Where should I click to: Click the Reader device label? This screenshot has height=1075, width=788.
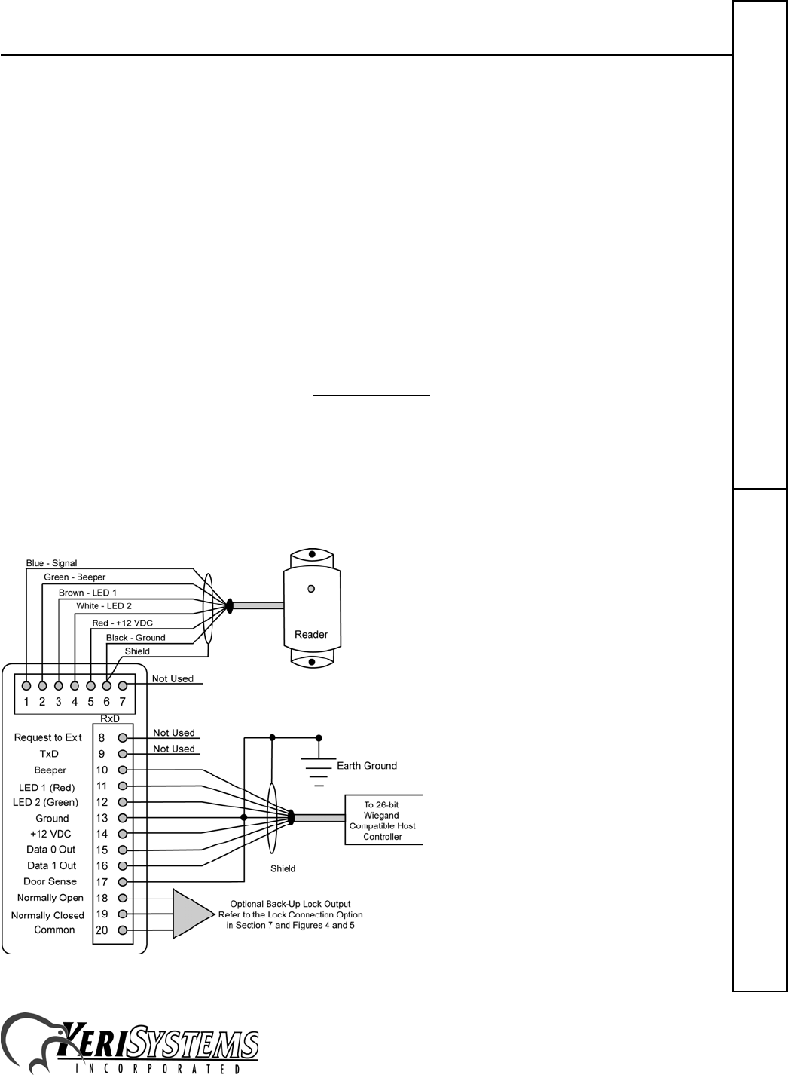311,634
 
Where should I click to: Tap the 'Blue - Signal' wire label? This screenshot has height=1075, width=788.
51,563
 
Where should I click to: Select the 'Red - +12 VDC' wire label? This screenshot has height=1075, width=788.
122,623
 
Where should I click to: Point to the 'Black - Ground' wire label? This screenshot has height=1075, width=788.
136,638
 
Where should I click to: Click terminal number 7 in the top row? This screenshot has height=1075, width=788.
123,702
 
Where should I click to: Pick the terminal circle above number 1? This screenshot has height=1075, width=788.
26,686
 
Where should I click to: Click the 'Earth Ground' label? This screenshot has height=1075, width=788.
367,766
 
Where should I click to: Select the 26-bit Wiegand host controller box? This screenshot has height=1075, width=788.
383,820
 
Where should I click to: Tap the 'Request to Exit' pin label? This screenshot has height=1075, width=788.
48,737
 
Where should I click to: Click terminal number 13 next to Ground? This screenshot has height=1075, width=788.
102,818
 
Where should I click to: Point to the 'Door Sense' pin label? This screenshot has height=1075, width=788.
50,881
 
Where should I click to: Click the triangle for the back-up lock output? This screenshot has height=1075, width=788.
192,914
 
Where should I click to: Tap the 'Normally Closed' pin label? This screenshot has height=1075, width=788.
47,915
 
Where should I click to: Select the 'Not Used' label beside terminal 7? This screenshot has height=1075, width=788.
173,678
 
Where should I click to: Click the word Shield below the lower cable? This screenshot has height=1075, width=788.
283,868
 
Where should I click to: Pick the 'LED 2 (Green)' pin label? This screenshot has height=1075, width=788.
46,802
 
